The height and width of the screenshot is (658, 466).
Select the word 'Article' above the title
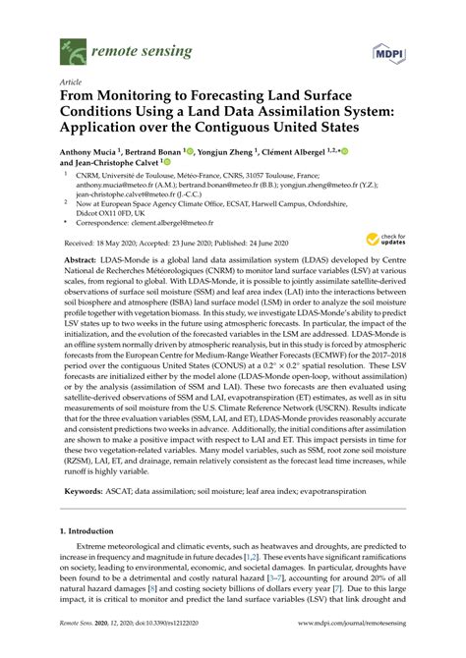click(x=72, y=82)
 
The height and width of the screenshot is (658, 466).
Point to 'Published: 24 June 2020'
click(x=246, y=242)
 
